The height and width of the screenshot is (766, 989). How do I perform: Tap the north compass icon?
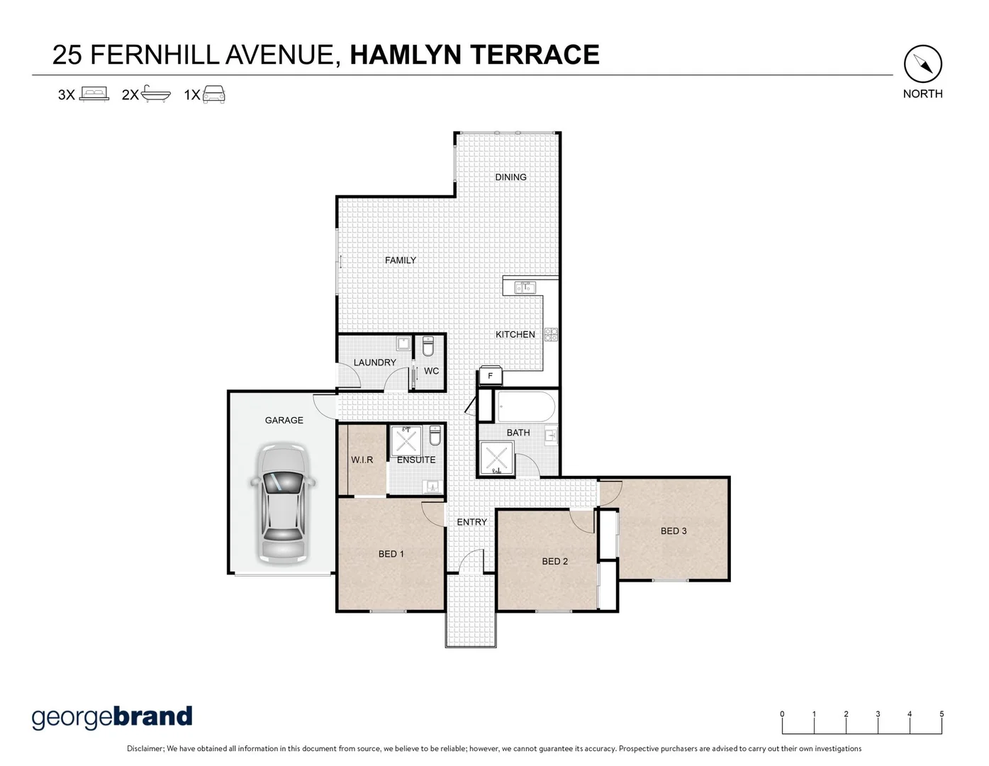pos(922,65)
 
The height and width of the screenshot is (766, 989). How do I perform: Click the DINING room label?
pos(510,177)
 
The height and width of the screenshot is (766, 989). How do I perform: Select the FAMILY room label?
pos(400,260)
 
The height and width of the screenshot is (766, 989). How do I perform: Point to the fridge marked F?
pos(490,375)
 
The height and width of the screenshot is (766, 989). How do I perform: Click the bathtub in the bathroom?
pos(525,407)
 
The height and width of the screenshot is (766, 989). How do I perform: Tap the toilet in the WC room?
pos(428,347)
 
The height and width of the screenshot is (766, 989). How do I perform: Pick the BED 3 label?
pos(673,531)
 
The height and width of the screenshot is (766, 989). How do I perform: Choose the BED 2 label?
pos(554,561)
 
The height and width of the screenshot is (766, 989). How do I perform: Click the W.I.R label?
pos(362,460)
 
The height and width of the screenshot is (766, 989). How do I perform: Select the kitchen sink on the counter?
pos(525,287)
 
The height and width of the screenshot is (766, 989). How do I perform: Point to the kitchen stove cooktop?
pos(551,335)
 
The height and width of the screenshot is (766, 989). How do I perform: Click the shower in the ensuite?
pos(406,440)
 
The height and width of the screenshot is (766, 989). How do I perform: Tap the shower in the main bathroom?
pos(496,457)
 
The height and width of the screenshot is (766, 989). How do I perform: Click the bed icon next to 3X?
pos(94,94)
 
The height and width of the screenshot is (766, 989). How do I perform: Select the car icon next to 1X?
pos(213,94)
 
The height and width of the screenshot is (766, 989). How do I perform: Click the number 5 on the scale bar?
pos(941,714)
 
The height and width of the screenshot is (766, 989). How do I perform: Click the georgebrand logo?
pos(112,717)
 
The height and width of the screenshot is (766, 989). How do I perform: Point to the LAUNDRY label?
pos(374,362)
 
